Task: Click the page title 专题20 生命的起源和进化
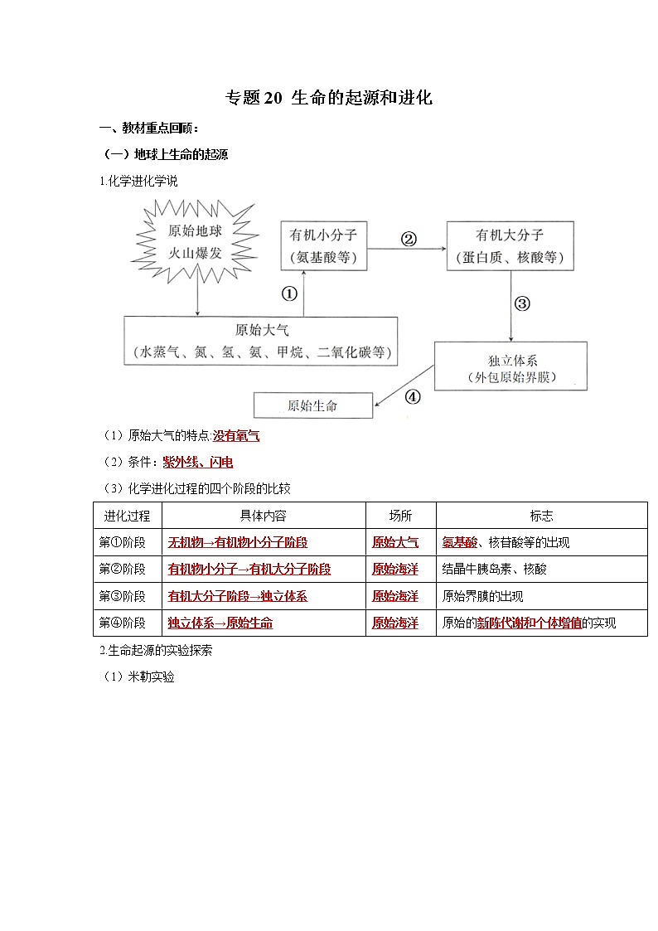click(329, 98)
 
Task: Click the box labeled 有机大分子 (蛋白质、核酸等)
click(509, 245)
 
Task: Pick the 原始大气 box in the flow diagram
click(260, 340)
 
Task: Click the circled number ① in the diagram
click(289, 294)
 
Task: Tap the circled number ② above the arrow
click(408, 239)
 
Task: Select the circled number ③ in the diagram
click(521, 303)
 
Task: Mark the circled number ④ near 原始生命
click(412, 396)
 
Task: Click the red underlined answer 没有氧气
click(236, 435)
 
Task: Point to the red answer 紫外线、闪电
click(198, 462)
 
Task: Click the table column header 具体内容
click(263, 516)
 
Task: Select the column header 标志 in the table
click(541, 516)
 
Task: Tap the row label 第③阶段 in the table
click(123, 596)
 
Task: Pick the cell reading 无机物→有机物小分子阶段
click(237, 542)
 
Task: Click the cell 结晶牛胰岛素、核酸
click(495, 570)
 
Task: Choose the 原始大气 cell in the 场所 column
click(395, 542)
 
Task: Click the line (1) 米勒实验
click(138, 676)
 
